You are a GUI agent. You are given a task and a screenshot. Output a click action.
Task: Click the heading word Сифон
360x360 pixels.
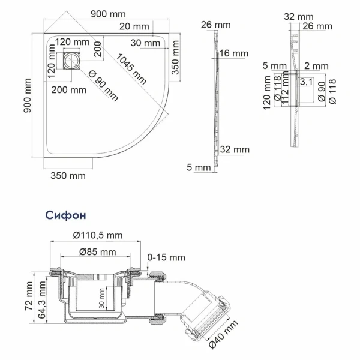point(65,214)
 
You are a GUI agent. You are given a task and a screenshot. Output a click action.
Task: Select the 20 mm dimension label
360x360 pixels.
point(134,26)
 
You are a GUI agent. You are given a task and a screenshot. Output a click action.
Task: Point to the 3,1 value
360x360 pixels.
point(305,81)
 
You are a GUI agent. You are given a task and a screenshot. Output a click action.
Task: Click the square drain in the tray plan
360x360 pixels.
point(73,61)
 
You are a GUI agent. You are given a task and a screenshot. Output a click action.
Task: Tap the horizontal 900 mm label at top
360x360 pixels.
point(109,13)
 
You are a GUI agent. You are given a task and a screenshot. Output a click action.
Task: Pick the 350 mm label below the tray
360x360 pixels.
point(68,176)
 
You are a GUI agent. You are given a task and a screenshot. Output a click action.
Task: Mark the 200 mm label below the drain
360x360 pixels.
point(68,89)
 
